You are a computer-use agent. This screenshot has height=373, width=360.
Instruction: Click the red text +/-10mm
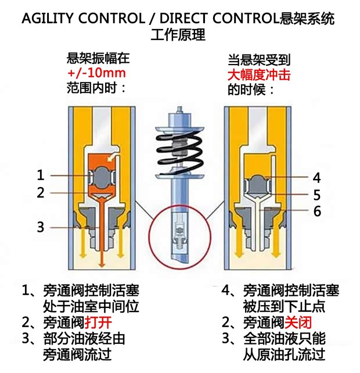pyautogui.click(x=96, y=74)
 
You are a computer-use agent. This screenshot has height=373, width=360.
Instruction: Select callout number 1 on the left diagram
pyautogui.click(x=40, y=175)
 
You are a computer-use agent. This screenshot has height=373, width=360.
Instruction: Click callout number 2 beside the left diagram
pyautogui.click(x=40, y=192)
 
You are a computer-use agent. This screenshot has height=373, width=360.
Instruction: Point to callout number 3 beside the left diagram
pyautogui.click(x=40, y=227)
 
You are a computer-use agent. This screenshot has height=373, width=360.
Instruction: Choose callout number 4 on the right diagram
pyautogui.click(x=316, y=177)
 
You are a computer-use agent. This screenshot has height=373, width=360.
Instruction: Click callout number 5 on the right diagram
pyautogui.click(x=316, y=195)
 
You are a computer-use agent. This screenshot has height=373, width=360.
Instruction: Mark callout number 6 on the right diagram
pyautogui.click(x=316, y=211)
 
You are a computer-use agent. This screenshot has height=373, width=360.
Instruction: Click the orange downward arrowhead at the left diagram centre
pyautogui.click(x=101, y=264)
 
